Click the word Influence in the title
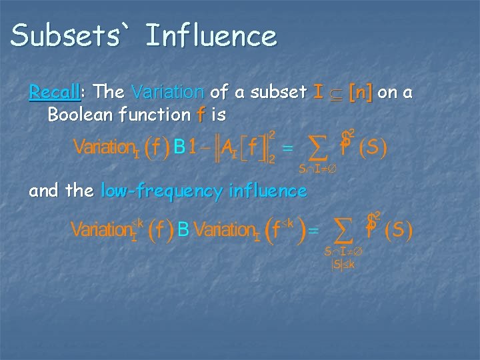tap(211, 35)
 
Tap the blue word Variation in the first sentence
tap(168, 91)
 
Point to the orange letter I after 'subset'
tap(319, 91)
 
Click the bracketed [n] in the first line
tap(361, 91)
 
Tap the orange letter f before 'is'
tap(200, 114)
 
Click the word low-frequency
tap(161, 191)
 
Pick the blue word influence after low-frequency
tap(267, 191)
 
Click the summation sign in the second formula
tap(343, 231)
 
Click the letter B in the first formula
tap(179, 147)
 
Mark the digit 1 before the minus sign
tap(193, 147)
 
